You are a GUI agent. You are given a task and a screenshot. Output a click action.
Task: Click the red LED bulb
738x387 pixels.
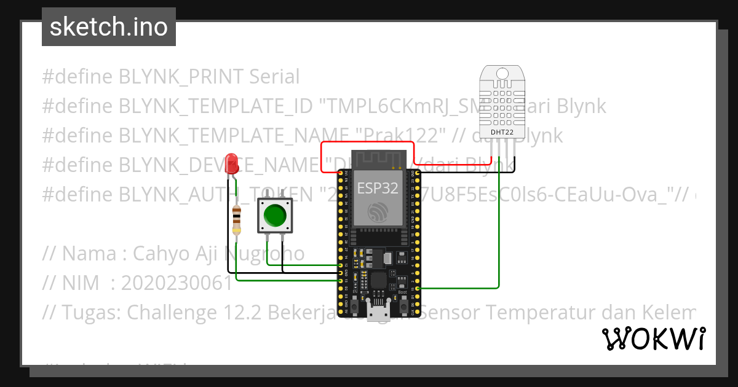[x=232, y=162]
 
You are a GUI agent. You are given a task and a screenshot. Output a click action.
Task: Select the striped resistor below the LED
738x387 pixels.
[x=237, y=221]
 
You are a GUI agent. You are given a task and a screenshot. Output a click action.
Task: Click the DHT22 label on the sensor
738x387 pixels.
[x=502, y=131]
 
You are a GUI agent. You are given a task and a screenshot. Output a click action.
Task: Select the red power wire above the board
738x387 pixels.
[x=368, y=143]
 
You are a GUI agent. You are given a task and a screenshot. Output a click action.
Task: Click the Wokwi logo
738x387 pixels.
[x=653, y=338]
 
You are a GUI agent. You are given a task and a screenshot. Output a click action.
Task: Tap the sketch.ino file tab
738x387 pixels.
[x=109, y=27]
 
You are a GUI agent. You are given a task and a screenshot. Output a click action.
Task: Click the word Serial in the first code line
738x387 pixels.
[x=274, y=77]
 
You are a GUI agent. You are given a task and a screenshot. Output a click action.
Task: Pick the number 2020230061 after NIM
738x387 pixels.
[x=177, y=283]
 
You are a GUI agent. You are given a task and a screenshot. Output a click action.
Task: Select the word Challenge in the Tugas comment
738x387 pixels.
[x=172, y=313]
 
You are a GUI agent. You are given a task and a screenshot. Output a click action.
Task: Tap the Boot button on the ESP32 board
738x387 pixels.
[x=403, y=303]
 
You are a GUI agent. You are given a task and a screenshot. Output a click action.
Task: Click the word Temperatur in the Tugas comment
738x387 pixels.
[x=536, y=313]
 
